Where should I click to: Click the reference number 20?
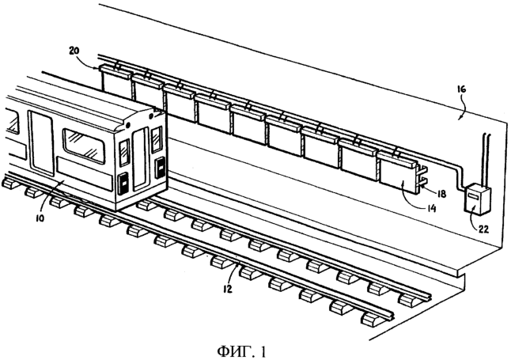point(75,51)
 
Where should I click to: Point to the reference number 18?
point(441,194)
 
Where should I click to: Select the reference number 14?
point(431,208)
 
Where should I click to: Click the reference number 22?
point(483,229)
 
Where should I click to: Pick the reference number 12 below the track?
point(227,289)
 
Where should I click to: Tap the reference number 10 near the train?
point(40,218)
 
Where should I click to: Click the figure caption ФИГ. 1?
point(242,351)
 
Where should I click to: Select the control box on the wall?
point(477,199)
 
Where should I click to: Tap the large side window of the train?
point(84,146)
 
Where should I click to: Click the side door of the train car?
point(41,144)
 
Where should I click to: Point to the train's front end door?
point(141,160)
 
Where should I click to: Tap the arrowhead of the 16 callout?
point(459,119)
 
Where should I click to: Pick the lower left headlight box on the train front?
point(123,184)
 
